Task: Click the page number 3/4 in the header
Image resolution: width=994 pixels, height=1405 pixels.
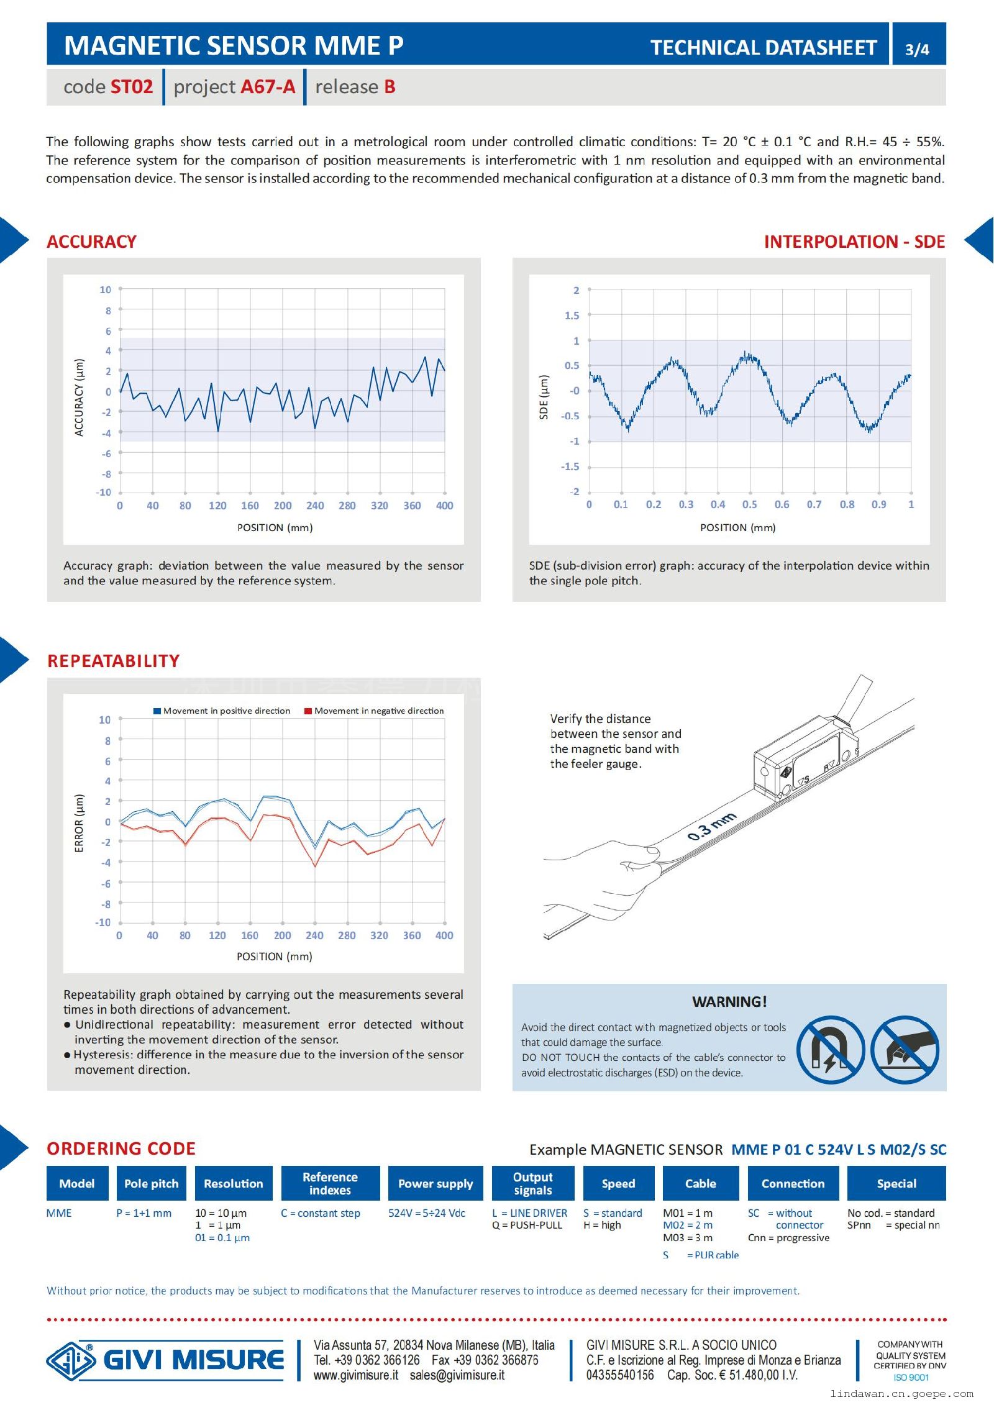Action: (917, 49)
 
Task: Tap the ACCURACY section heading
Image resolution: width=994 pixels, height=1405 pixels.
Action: (91, 242)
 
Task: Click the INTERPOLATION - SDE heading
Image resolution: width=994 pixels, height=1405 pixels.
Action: (854, 242)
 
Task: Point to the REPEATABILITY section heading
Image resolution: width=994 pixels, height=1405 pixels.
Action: (113, 661)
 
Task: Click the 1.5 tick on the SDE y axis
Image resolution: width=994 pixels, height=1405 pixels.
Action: (572, 316)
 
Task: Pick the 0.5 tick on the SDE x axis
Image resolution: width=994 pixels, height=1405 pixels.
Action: (750, 504)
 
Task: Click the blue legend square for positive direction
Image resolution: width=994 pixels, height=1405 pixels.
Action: (157, 711)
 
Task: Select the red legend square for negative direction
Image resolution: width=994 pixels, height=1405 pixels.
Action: (308, 711)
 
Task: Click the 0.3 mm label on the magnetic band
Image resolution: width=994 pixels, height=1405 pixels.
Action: (712, 826)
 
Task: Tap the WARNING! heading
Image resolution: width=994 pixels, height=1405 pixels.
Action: (729, 1001)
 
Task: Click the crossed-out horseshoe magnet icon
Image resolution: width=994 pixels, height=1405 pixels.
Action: (831, 1050)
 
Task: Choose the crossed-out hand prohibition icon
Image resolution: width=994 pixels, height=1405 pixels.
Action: (905, 1050)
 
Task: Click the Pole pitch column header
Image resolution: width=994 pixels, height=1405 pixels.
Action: (151, 1183)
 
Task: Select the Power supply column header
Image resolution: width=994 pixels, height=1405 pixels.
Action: (435, 1183)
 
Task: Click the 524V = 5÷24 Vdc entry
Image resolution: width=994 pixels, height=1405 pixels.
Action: (426, 1213)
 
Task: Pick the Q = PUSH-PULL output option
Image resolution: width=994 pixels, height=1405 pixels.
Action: (527, 1225)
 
